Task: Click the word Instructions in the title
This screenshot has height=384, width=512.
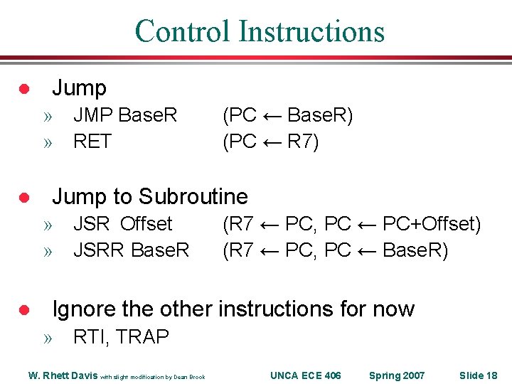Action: coord(311,32)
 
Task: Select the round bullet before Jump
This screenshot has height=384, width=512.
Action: coord(23,89)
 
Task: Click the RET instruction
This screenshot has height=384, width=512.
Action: coord(92,142)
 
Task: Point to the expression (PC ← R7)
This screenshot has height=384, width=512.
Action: coord(271,142)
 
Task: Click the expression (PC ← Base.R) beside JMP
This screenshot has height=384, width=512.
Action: coord(287,115)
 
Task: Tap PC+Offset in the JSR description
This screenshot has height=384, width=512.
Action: coord(431,224)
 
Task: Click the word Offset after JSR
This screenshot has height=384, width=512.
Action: coord(146,224)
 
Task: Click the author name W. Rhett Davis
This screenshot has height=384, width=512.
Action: coord(63,375)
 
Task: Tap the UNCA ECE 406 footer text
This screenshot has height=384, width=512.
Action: coord(306,375)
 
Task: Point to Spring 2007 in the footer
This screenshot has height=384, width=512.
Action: coord(396,375)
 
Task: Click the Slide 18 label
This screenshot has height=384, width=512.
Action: coord(478,375)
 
